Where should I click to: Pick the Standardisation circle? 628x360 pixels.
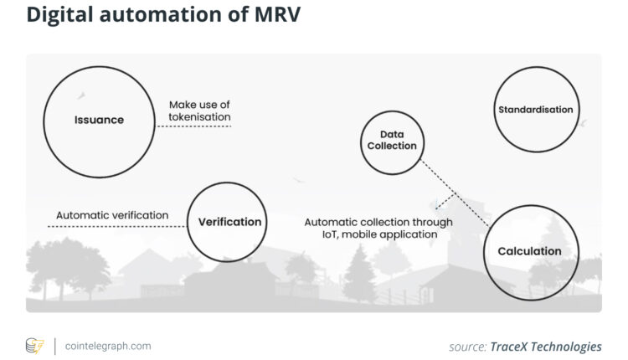click(535, 110)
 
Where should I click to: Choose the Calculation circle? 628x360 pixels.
click(528, 250)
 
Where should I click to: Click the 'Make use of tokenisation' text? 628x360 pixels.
click(199, 111)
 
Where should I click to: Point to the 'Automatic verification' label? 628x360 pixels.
click(112, 215)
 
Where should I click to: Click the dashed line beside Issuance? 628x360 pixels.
click(193, 126)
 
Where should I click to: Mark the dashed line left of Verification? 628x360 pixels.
click(117, 227)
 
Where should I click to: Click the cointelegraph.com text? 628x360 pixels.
click(108, 345)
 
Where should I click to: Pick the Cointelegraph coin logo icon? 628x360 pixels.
click(34, 346)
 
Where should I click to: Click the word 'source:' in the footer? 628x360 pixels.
click(467, 346)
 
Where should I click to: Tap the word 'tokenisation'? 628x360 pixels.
click(199, 117)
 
